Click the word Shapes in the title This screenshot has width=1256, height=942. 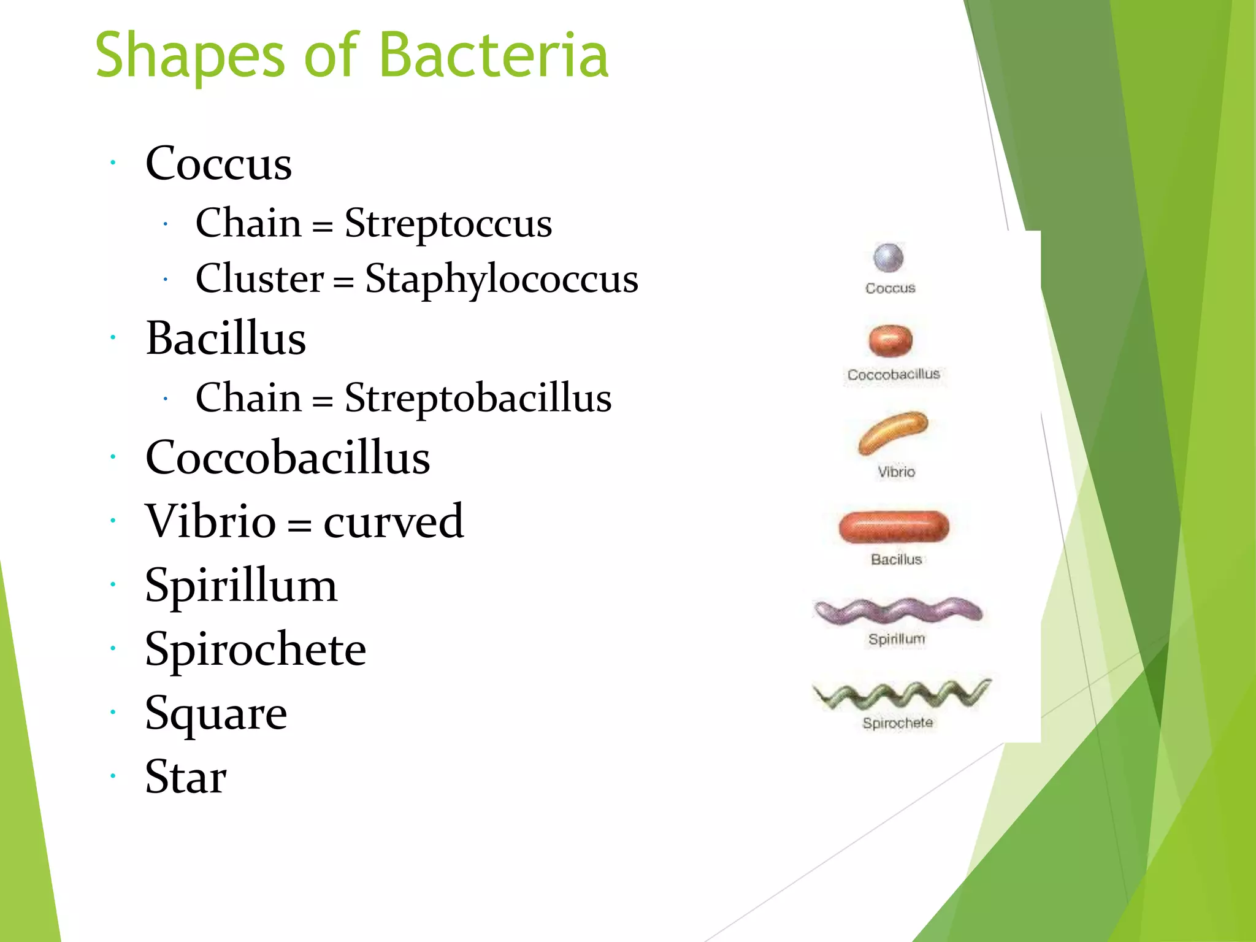[x=190, y=56]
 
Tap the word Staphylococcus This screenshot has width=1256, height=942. [x=501, y=279]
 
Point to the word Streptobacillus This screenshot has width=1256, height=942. [x=478, y=397]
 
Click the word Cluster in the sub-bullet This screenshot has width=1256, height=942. [x=259, y=278]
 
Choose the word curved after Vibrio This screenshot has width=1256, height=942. [x=393, y=521]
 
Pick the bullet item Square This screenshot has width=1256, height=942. [x=216, y=714]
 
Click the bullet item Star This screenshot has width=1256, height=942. [x=186, y=777]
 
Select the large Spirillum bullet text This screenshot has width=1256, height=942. [x=241, y=586]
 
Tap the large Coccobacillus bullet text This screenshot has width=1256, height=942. [x=288, y=458]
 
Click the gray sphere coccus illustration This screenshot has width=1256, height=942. [x=888, y=258]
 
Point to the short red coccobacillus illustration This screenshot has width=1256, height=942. [x=890, y=340]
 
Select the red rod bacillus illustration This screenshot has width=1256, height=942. [x=894, y=527]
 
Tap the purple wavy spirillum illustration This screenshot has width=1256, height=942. [x=897, y=611]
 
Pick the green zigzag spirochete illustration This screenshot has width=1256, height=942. [x=900, y=694]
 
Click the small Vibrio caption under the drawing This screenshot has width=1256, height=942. [x=896, y=472]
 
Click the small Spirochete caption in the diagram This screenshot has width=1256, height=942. [x=897, y=723]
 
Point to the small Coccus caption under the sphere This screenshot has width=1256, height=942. [x=890, y=288]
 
